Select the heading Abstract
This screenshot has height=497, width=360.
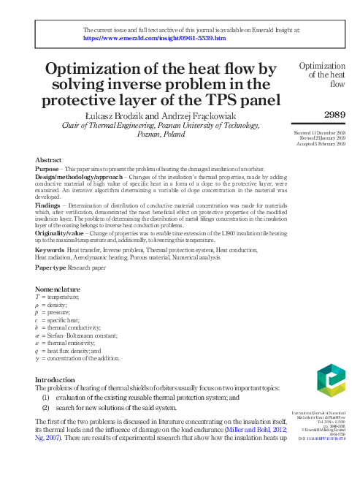pyautogui.click(x=48, y=159)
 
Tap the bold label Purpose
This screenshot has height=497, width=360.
pyautogui.click(x=47, y=169)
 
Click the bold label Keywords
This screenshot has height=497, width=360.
pyautogui.click(x=50, y=250)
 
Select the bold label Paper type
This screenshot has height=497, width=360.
pyautogui.click(x=51, y=268)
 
